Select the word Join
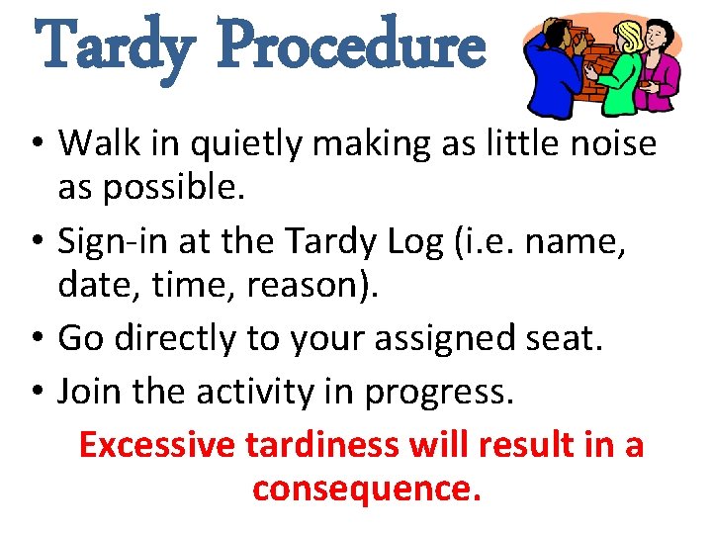(91, 392)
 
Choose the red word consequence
(366, 488)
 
